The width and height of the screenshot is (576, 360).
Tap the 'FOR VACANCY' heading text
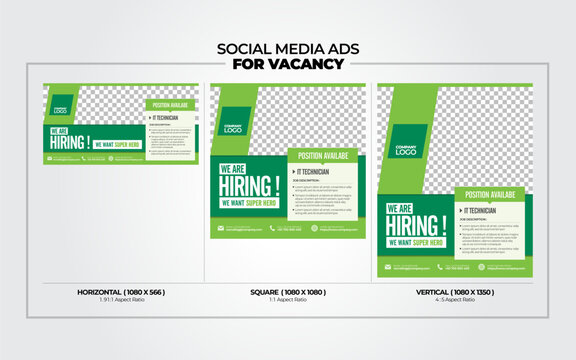(287, 64)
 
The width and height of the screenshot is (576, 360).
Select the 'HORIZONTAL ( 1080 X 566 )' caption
(121, 292)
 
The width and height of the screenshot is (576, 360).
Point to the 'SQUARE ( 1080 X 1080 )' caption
(287, 292)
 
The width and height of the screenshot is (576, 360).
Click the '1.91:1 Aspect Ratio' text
(121, 300)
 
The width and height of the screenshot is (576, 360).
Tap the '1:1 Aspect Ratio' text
(287, 300)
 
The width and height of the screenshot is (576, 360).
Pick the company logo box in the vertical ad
(406, 147)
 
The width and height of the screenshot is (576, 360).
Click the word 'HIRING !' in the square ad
(249, 186)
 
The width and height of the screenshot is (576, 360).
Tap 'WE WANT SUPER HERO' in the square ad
(248, 204)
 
